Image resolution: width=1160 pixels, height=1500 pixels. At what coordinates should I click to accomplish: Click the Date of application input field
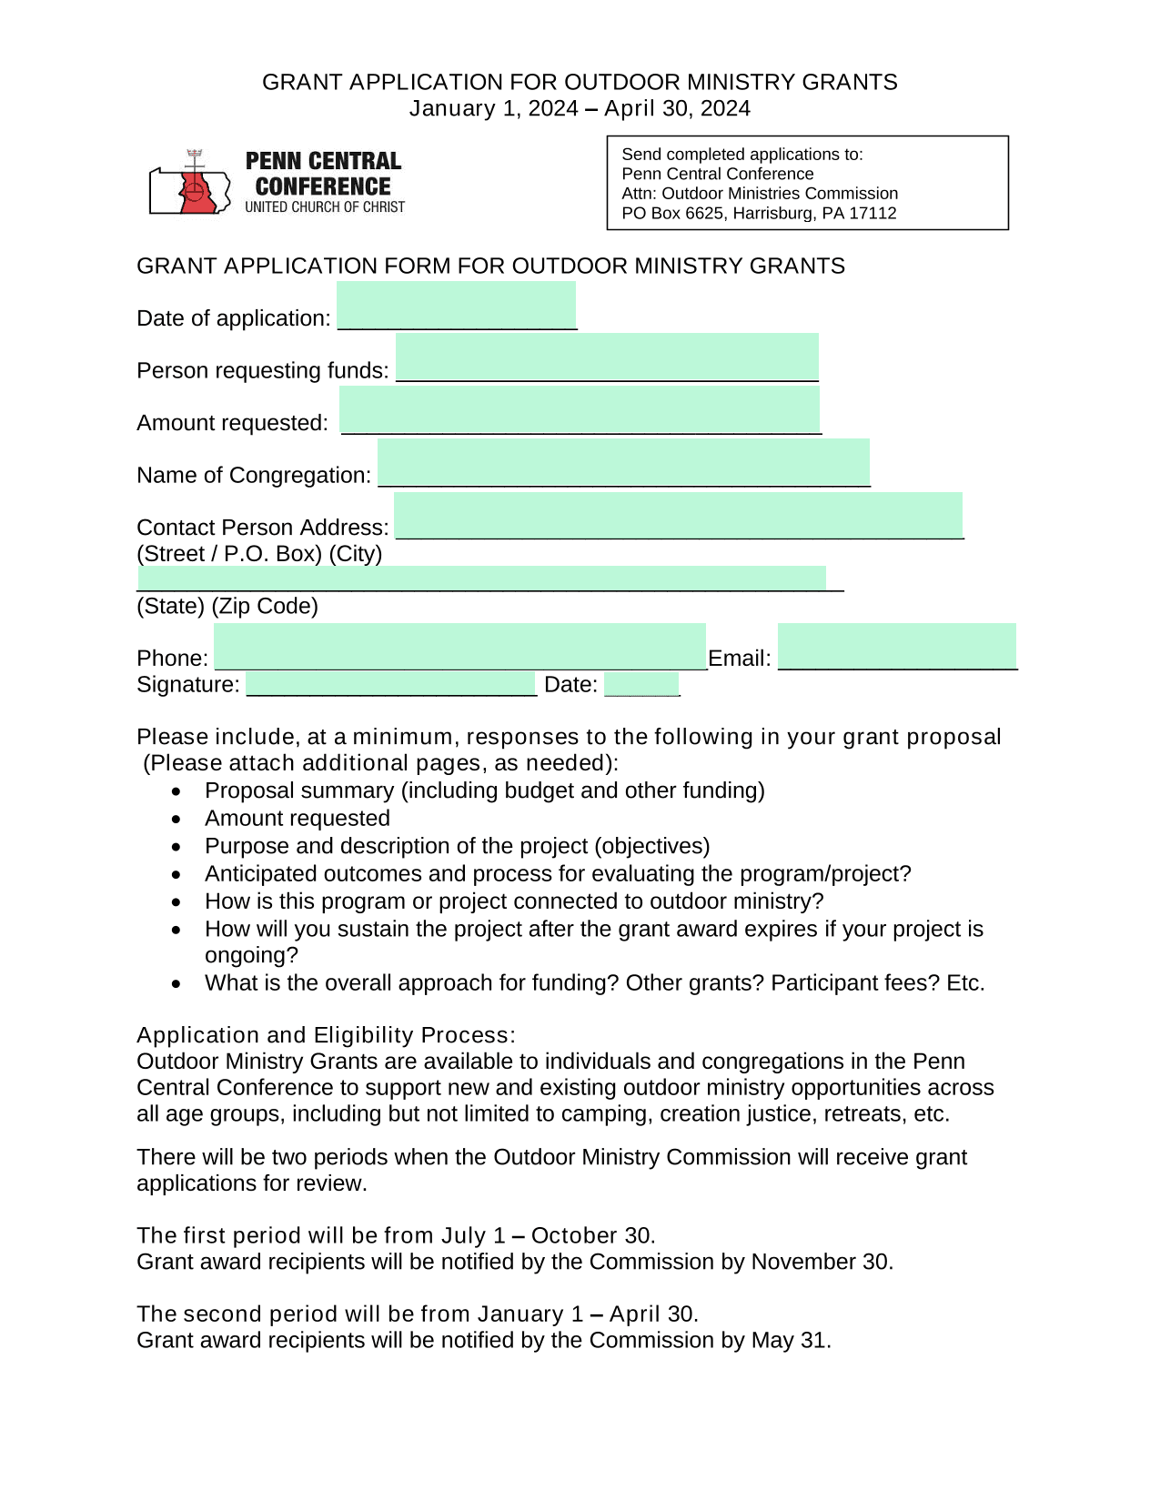(x=456, y=306)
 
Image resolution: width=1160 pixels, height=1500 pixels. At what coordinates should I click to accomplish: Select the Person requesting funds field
(x=607, y=357)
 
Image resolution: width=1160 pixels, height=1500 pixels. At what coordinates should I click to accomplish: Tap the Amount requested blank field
(x=580, y=409)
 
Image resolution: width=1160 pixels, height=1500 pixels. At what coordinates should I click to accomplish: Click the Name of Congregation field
(x=623, y=462)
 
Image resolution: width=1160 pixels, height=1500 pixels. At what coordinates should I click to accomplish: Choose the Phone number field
(x=460, y=647)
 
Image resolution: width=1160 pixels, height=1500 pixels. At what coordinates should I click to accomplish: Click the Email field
(x=896, y=647)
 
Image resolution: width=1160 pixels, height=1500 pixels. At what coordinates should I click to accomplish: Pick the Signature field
(x=391, y=684)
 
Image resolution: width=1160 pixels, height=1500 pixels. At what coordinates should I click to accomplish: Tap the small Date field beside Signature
(x=641, y=684)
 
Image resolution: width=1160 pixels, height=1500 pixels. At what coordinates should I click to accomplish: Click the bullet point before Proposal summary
(x=177, y=791)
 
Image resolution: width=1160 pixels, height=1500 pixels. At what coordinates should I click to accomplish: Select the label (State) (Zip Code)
(x=227, y=607)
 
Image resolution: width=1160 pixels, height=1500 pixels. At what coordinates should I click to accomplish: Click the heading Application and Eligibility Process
(x=326, y=1035)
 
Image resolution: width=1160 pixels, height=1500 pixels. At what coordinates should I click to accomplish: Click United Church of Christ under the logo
(x=325, y=207)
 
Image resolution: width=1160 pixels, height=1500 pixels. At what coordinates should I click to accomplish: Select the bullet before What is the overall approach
(x=177, y=984)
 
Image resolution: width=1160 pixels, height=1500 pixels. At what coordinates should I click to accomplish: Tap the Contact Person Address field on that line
(x=678, y=516)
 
